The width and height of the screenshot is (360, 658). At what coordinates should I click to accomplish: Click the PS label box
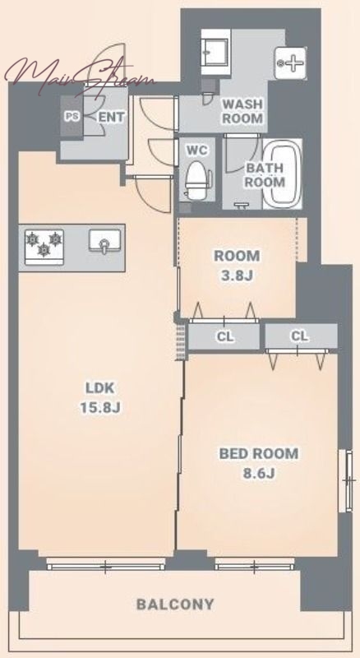(x=72, y=116)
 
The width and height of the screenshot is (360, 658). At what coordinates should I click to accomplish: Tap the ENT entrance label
(x=111, y=117)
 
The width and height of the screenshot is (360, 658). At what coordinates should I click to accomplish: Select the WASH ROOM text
(x=242, y=111)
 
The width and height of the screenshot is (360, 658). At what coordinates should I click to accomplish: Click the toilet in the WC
(x=197, y=180)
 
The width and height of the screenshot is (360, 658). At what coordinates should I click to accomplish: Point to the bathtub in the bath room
(x=284, y=173)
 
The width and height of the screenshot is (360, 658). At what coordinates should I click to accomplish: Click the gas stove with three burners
(x=44, y=248)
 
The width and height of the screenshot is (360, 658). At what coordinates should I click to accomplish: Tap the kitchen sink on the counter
(x=104, y=242)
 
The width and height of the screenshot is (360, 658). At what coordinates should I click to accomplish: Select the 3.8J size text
(x=237, y=276)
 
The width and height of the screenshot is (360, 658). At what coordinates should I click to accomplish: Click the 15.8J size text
(x=101, y=407)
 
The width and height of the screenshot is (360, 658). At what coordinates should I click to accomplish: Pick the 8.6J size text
(x=259, y=474)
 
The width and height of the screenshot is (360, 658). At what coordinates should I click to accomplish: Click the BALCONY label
(x=175, y=605)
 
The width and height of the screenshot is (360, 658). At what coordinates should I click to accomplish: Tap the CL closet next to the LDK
(x=224, y=336)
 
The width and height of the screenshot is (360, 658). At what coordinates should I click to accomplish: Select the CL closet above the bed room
(x=301, y=336)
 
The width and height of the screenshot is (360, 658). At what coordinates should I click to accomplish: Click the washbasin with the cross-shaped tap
(x=290, y=63)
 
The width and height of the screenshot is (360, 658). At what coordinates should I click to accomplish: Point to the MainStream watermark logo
(x=80, y=76)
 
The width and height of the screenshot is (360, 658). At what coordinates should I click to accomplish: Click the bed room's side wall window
(x=347, y=480)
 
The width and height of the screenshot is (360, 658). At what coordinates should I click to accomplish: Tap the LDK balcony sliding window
(x=105, y=567)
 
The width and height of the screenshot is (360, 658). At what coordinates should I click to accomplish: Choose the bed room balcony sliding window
(x=254, y=567)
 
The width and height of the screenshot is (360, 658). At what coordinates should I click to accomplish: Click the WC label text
(x=196, y=150)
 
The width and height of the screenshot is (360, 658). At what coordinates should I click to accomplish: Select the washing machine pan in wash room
(x=215, y=52)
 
